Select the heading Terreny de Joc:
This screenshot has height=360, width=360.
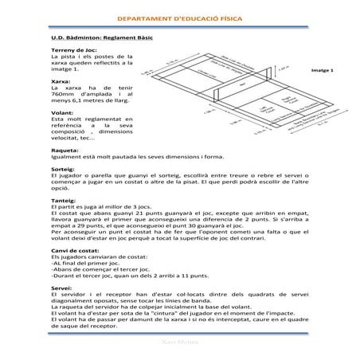(68, 51)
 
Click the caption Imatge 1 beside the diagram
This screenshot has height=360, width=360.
(319, 70)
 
